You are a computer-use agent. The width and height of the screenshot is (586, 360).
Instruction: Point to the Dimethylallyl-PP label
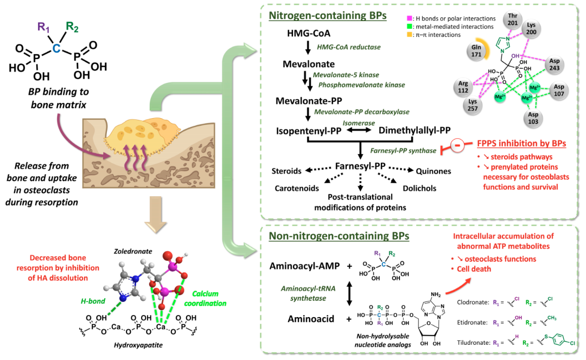[x=415, y=131]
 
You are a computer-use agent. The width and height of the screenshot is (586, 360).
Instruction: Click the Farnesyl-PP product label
[x=361, y=165]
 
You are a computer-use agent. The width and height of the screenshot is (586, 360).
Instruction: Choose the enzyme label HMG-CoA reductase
[x=348, y=48]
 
